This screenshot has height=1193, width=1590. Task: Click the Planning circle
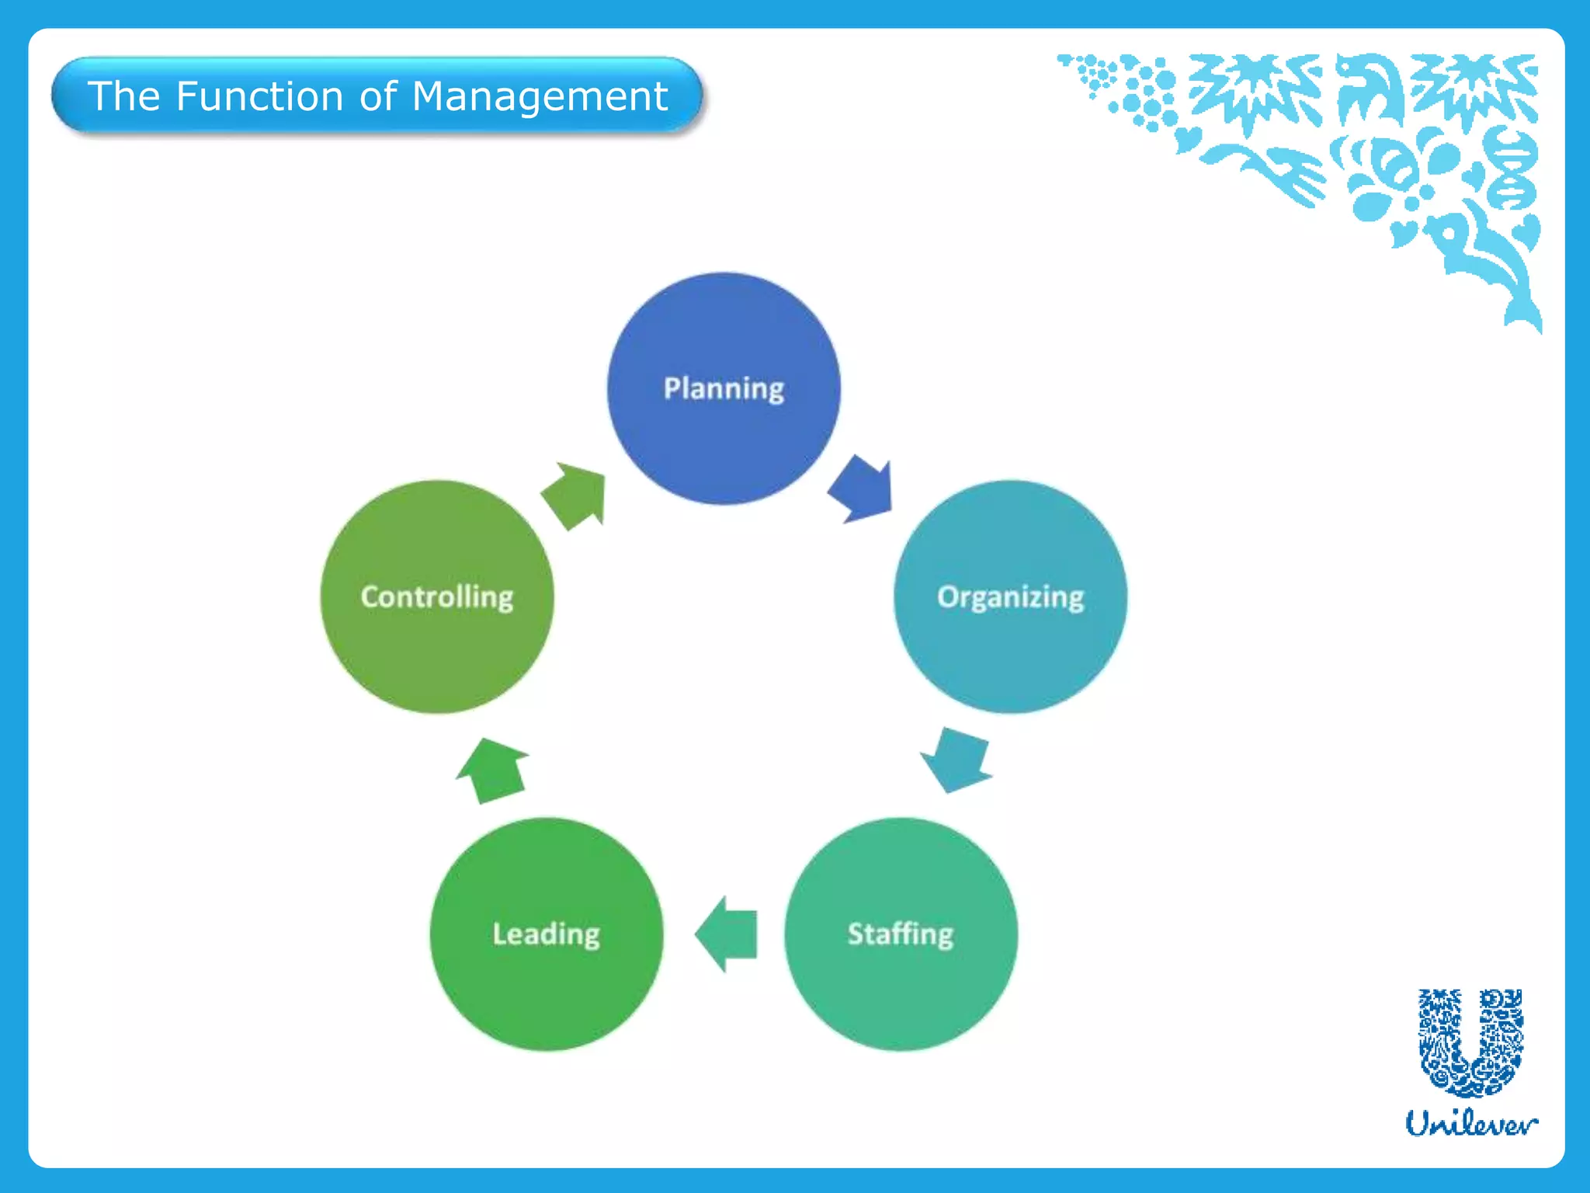click(x=724, y=443)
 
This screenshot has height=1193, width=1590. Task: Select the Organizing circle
click(x=1010, y=652)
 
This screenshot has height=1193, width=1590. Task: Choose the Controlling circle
click(x=437, y=652)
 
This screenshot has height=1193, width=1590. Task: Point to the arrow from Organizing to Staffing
click(x=956, y=760)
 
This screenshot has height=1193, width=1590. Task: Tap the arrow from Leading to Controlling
click(x=493, y=770)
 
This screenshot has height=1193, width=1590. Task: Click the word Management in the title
click(x=540, y=96)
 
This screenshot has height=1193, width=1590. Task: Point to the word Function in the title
click(x=259, y=96)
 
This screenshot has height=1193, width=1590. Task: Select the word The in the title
click(x=124, y=96)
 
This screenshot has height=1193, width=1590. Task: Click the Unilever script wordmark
click(x=1471, y=1123)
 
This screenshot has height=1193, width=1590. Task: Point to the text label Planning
click(x=724, y=388)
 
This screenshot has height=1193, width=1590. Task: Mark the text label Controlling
click(x=437, y=596)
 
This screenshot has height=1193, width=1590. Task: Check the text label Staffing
click(x=901, y=934)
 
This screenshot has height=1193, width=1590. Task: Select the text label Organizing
click(x=1010, y=596)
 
